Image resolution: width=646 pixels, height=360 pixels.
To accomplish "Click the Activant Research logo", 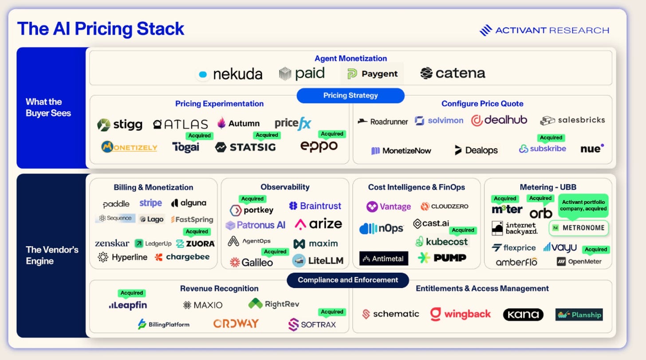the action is click(544, 30).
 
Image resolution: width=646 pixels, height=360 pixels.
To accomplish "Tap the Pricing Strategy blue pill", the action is click(351, 95).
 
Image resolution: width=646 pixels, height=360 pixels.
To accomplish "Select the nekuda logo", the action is click(230, 74).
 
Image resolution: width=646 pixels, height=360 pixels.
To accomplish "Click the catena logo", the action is click(453, 73).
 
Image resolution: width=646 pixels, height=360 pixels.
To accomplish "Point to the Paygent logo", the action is click(372, 74).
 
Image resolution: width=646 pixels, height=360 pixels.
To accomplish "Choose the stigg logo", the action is click(120, 125).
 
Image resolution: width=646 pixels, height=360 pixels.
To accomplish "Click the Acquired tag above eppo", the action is click(332, 134).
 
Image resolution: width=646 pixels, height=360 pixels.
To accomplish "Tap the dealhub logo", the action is click(499, 120).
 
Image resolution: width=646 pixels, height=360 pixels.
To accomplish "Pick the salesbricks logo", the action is click(572, 120).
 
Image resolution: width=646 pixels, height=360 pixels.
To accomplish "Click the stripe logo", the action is click(150, 203).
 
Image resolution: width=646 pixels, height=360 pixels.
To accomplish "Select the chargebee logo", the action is click(182, 257).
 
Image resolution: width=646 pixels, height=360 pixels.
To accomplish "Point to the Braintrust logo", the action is click(315, 206).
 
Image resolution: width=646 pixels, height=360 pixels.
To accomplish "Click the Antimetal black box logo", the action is click(383, 258).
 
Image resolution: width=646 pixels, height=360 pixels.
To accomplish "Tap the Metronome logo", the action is click(579, 228).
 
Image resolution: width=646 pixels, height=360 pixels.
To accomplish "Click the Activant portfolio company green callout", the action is click(583, 206).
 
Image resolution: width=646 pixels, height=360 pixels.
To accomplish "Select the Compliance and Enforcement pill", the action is click(348, 280).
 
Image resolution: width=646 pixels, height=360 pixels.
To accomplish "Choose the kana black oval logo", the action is click(523, 314).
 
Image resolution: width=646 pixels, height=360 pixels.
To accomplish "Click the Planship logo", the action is click(579, 314).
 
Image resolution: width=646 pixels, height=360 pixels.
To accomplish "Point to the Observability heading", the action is click(285, 187).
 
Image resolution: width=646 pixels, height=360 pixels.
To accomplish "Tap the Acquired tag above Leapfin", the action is click(132, 293).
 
